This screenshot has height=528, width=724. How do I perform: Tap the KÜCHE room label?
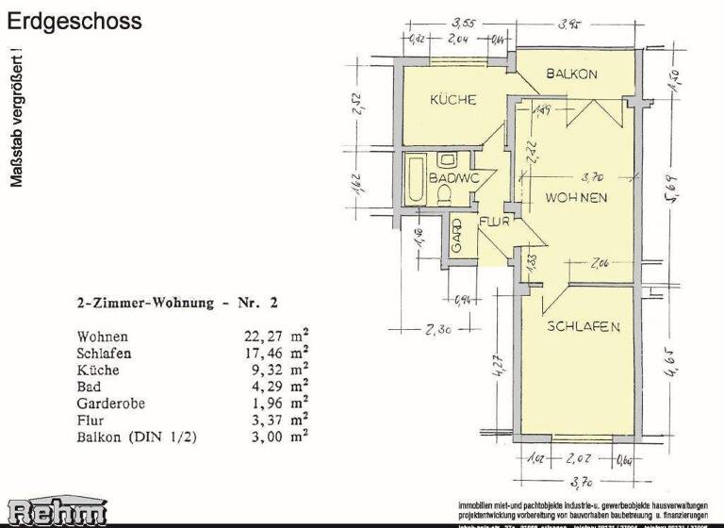click(453, 100)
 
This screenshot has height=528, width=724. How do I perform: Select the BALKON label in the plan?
click(571, 74)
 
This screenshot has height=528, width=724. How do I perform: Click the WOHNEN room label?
click(575, 197)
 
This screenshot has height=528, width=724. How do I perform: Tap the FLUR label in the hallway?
click(494, 223)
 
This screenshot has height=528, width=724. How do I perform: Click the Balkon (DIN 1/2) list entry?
click(136, 437)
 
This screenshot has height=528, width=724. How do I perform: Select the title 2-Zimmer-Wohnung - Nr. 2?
click(177, 304)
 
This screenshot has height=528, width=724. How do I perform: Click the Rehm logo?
click(56, 511)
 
